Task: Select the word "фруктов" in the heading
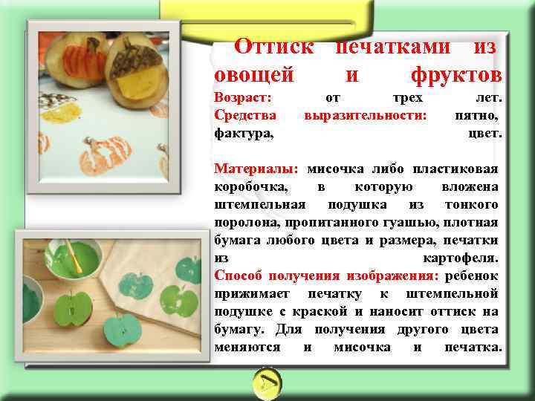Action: pos(455,75)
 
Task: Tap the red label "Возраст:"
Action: pos(243,98)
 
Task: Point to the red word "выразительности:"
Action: pos(366,116)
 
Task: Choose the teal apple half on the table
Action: pos(122,330)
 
